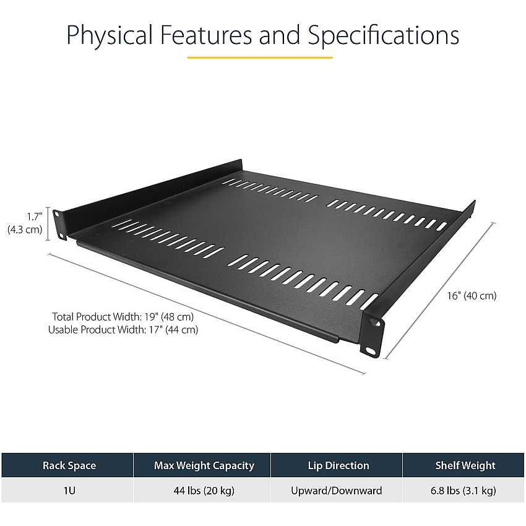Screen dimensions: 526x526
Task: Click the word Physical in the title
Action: pyautogui.click(x=110, y=35)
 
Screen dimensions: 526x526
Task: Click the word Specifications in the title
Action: pyautogui.click(x=384, y=35)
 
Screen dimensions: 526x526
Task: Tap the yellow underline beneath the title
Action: pyautogui.click(x=260, y=58)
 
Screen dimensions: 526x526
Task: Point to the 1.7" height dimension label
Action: pyautogui.click(x=35, y=217)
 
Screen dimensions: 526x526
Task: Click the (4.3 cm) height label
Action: pyautogui.click(x=25, y=230)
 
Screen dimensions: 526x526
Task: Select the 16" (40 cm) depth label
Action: pyautogui.click(x=472, y=296)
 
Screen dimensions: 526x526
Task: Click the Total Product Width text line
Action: pyautogui.click(x=123, y=317)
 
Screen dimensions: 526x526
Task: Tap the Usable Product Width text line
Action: pyautogui.click(x=123, y=330)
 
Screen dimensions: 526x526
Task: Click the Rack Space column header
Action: pyautogui.click(x=69, y=465)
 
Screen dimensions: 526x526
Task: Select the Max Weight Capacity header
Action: pyautogui.click(x=204, y=465)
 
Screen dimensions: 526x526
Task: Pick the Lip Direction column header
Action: pyautogui.click(x=338, y=465)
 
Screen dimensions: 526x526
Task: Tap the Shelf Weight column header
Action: pyautogui.click(x=465, y=465)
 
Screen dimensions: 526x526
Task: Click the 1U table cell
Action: pyautogui.click(x=69, y=491)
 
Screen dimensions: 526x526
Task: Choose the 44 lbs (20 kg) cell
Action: pyautogui.click(x=204, y=491)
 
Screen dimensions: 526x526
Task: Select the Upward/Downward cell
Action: pyautogui.click(x=337, y=491)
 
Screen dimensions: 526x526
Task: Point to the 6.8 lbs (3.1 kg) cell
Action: pyautogui.click(x=463, y=491)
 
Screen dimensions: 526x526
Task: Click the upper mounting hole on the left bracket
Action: pyautogui.click(x=56, y=213)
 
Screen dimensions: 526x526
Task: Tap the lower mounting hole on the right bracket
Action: pyautogui.click(x=370, y=351)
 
